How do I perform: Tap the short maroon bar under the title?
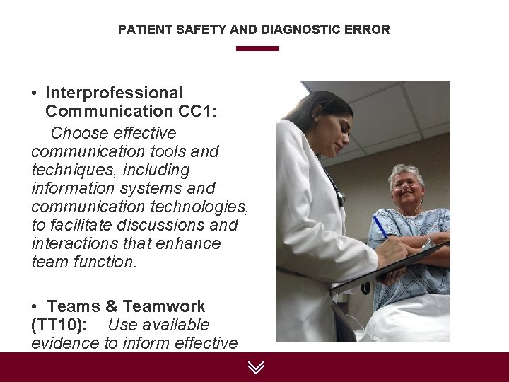(257, 49)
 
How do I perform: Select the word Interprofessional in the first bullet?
(114, 93)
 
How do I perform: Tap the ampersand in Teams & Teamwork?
(111, 307)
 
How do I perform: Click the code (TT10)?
(59, 325)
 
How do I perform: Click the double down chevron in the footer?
(256, 366)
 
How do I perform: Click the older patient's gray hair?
(406, 170)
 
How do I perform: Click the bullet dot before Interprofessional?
(35, 93)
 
